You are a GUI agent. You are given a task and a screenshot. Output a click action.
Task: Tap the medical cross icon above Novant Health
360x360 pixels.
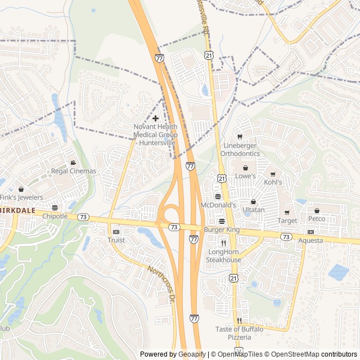coord(155,118)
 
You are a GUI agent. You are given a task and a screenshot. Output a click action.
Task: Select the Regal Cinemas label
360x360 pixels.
coord(74,171)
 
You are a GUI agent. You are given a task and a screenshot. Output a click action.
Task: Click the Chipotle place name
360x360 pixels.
coord(55,216)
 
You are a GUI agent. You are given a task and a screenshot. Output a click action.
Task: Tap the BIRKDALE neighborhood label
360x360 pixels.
coord(17,209)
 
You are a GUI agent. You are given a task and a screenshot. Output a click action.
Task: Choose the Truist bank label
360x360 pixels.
coord(116,240)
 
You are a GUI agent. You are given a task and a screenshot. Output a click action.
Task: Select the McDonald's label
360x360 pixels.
coord(218,205)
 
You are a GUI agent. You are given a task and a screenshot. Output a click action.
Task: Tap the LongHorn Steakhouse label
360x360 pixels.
coord(223,256)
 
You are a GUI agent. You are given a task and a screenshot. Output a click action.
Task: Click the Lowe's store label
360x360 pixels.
coord(245,176)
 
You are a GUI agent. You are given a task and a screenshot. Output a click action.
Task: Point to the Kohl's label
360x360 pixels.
coord(273,183)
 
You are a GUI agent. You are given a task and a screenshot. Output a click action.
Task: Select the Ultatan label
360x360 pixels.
coord(253,210)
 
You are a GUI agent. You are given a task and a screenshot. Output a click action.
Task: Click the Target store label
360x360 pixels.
coord(287,220)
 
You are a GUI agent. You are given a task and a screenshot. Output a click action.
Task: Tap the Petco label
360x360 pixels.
coord(316,218)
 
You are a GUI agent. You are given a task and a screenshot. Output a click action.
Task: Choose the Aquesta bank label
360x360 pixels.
coord(311,240)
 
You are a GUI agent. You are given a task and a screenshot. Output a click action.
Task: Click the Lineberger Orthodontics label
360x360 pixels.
coord(240,150)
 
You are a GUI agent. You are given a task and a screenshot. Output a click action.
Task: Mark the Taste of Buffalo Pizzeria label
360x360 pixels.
coord(239,333)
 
